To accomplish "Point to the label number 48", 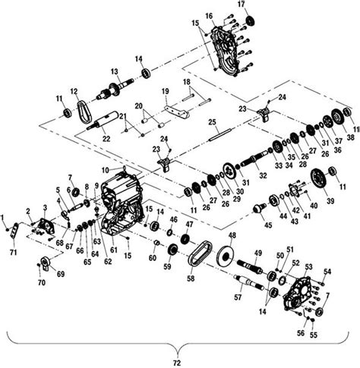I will coord(232,235).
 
